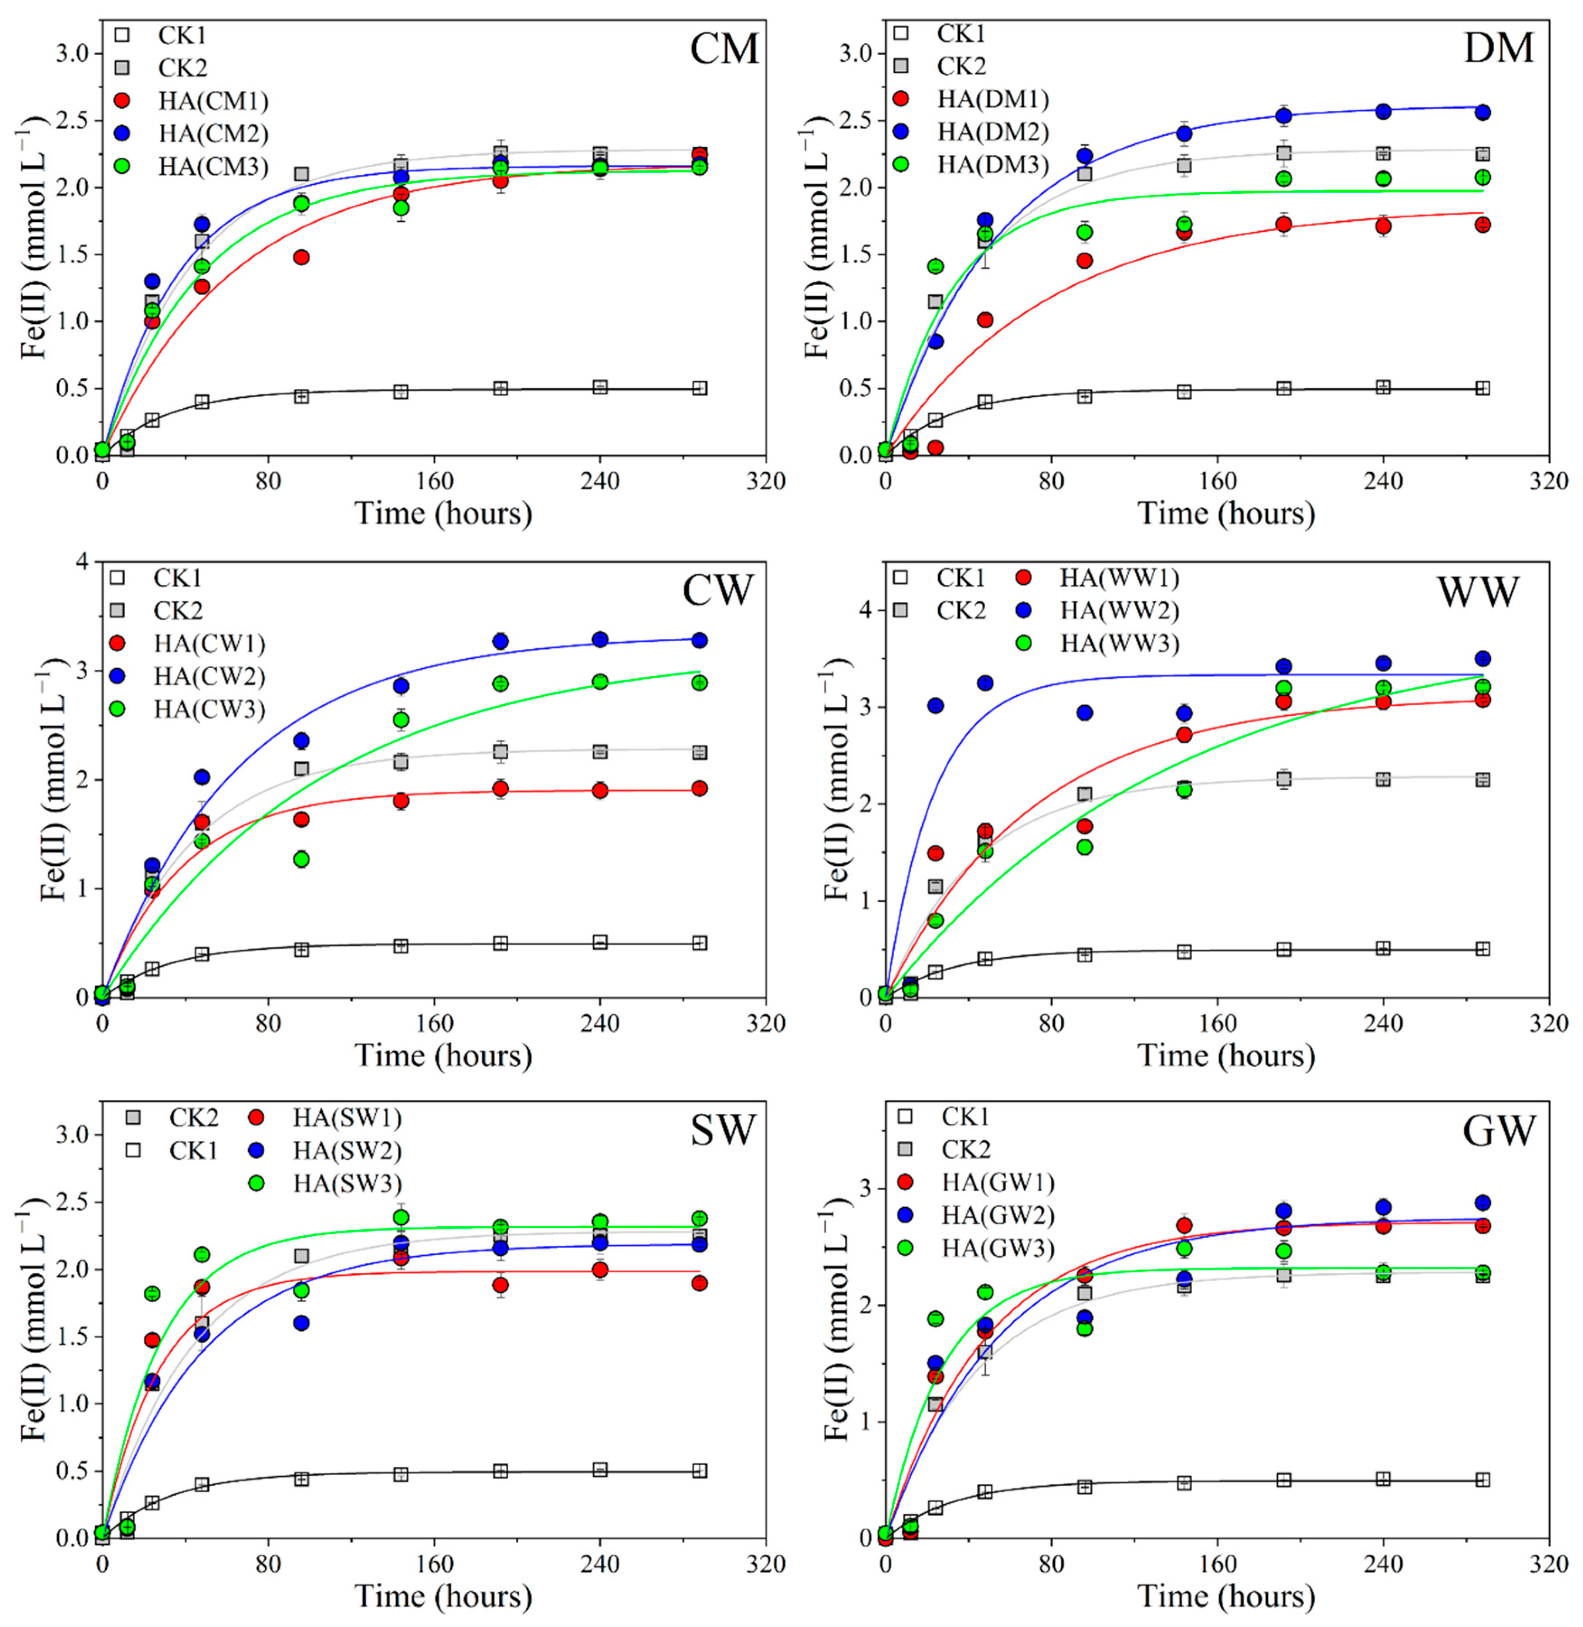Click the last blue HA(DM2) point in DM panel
[x=1482, y=112]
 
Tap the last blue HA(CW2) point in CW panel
[x=699, y=640]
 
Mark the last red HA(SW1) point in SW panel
[x=699, y=1283]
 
